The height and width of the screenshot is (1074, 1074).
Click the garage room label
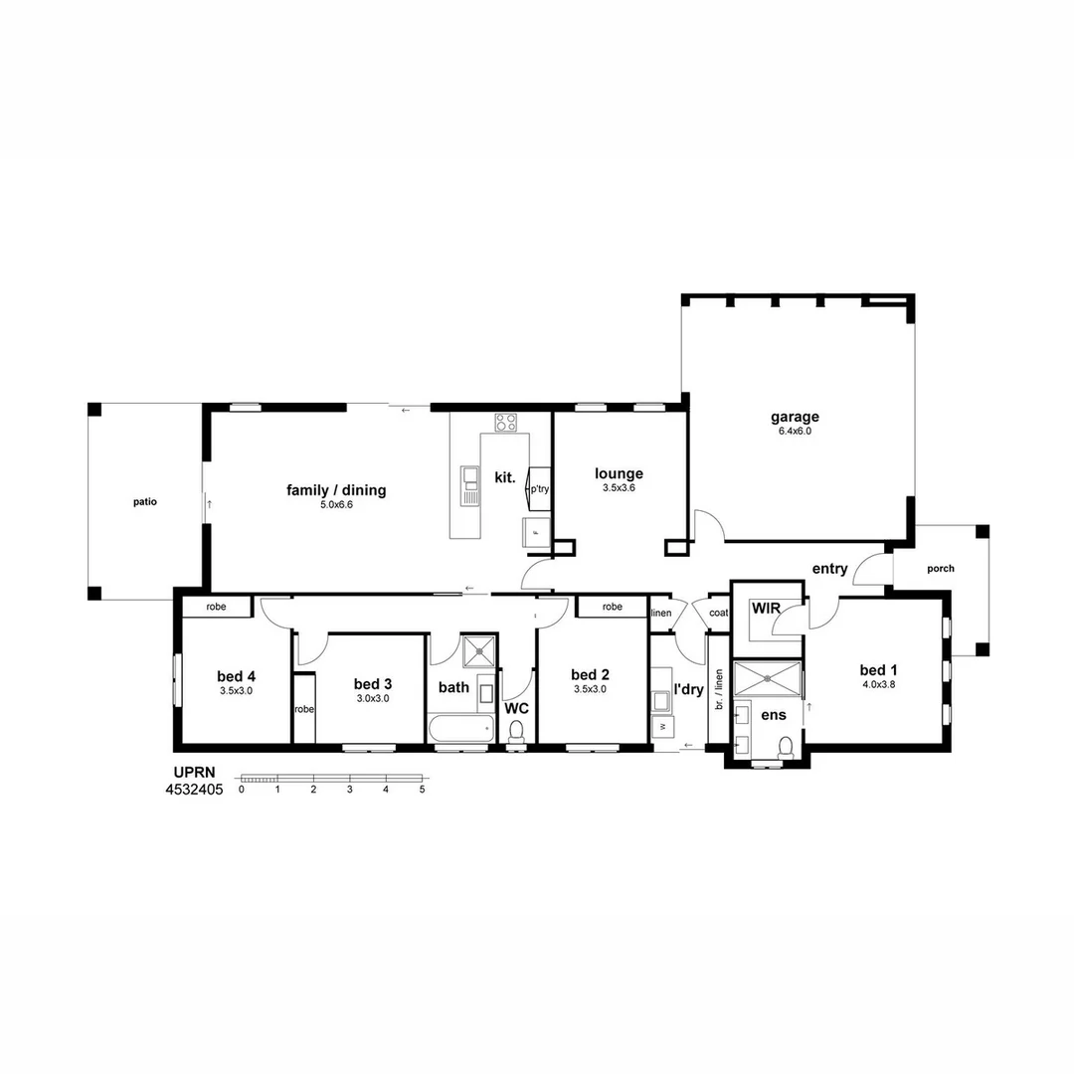click(795, 418)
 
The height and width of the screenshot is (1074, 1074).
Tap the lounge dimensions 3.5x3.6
click(619, 489)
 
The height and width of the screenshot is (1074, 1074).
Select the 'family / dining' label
click(336, 490)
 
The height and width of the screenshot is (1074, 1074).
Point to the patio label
click(145, 502)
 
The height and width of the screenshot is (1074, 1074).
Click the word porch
click(940, 569)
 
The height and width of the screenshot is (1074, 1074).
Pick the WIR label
click(765, 607)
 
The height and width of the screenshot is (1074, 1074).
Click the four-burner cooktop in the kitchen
click(506, 422)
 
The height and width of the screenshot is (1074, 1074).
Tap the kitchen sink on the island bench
click(470, 485)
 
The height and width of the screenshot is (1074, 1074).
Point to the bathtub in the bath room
click(460, 728)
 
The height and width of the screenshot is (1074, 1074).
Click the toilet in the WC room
click(515, 731)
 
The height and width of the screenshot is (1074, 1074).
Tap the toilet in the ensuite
click(786, 745)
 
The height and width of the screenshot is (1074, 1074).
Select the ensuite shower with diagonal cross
click(767, 678)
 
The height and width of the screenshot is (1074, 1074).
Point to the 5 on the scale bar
click(423, 790)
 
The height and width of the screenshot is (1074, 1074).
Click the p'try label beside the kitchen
click(539, 489)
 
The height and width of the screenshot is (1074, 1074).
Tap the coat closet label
click(718, 614)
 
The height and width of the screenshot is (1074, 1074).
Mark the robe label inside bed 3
click(303, 710)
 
